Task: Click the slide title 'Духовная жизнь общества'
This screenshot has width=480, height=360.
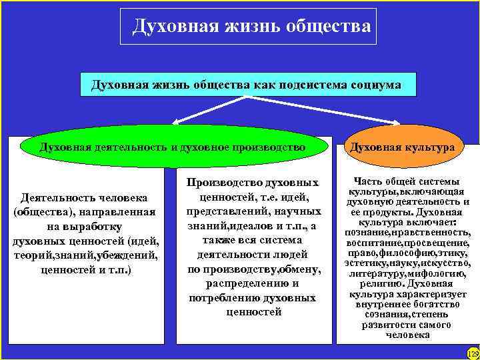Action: [x=251, y=26]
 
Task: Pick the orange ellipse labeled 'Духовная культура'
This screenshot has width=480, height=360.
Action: [x=403, y=146]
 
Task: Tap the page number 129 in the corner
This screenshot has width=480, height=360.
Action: [x=473, y=352]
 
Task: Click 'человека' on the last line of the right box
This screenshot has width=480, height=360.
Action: [x=407, y=335]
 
